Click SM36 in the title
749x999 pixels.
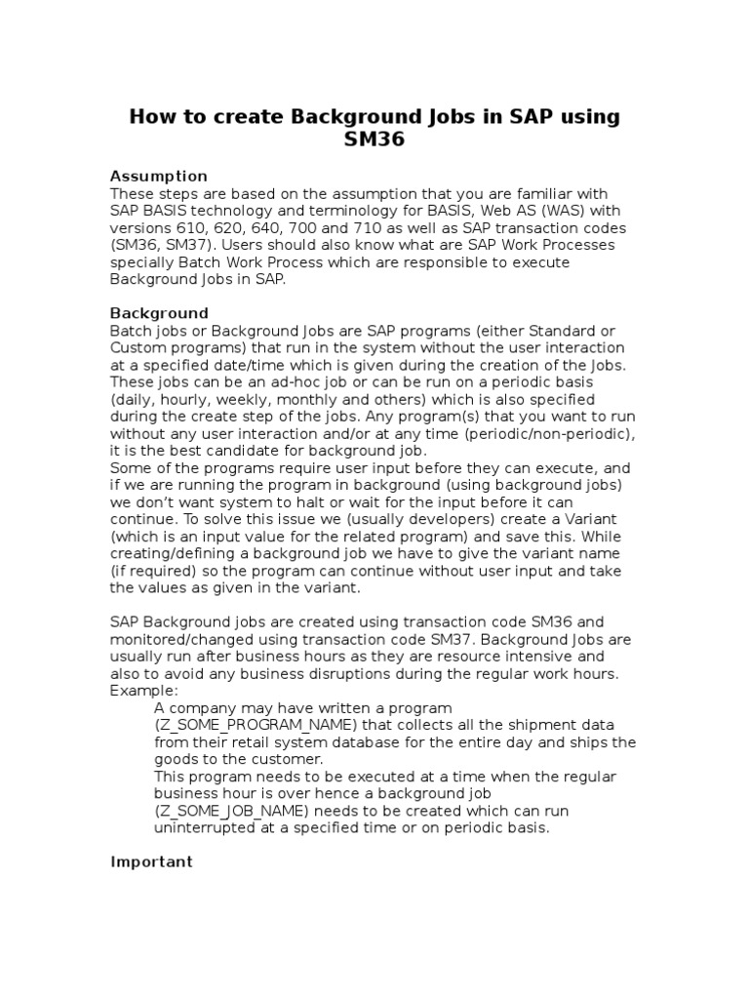coord(374,140)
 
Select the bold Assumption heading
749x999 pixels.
coord(158,176)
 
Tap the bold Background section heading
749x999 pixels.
coord(159,313)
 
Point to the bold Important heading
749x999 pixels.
coord(151,861)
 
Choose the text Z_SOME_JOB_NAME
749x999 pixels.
coord(233,811)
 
